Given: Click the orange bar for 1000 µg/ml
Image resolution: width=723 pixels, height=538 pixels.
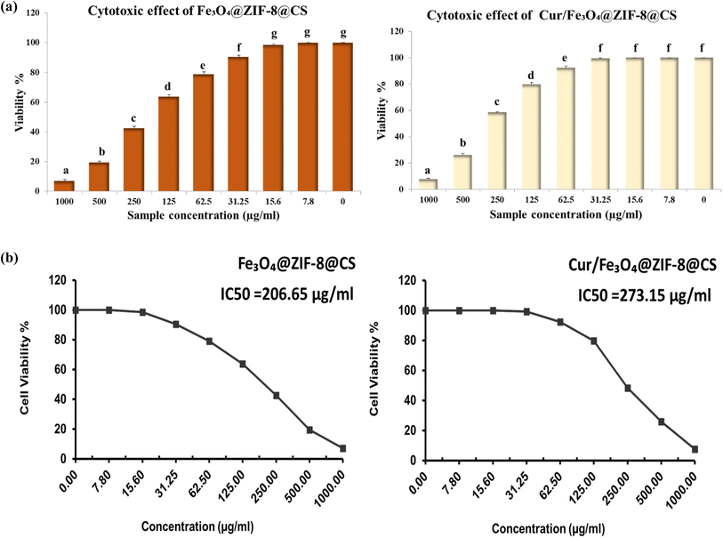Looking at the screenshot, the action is click(65, 186).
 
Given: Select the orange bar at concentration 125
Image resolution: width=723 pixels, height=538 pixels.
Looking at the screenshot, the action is click(168, 144).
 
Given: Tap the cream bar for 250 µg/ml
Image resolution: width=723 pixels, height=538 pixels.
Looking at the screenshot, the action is click(497, 151).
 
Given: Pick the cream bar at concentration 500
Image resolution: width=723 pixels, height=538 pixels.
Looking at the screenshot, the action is click(462, 173).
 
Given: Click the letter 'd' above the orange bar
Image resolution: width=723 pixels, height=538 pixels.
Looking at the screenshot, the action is click(168, 86).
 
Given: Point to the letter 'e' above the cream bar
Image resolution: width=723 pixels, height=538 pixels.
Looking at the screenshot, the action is click(565, 58).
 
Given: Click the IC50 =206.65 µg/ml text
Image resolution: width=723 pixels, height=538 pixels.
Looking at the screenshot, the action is click(287, 294).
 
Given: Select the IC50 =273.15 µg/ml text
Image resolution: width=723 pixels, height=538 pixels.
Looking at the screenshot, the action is click(645, 295).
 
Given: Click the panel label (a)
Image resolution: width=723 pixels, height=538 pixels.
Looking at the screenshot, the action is click(9, 8).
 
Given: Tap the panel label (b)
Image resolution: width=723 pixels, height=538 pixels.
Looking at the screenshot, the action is click(9, 258).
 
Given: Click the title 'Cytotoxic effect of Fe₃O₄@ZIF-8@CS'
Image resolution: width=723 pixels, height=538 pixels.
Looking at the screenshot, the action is click(197, 11).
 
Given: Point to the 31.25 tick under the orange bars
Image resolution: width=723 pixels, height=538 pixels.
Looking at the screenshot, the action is click(238, 202).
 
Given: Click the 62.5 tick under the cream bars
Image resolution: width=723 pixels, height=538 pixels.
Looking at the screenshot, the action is click(566, 199).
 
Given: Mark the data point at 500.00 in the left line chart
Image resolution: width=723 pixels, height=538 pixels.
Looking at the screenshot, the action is click(309, 430).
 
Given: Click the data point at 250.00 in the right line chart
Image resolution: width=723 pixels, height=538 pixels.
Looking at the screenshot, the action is click(627, 389).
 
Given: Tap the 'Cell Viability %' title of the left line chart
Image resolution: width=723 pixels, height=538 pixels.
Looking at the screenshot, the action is click(24, 368).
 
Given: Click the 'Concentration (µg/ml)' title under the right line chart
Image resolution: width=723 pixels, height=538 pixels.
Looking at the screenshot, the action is click(548, 528).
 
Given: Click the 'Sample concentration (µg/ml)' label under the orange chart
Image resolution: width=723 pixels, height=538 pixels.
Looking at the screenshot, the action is click(204, 215).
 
